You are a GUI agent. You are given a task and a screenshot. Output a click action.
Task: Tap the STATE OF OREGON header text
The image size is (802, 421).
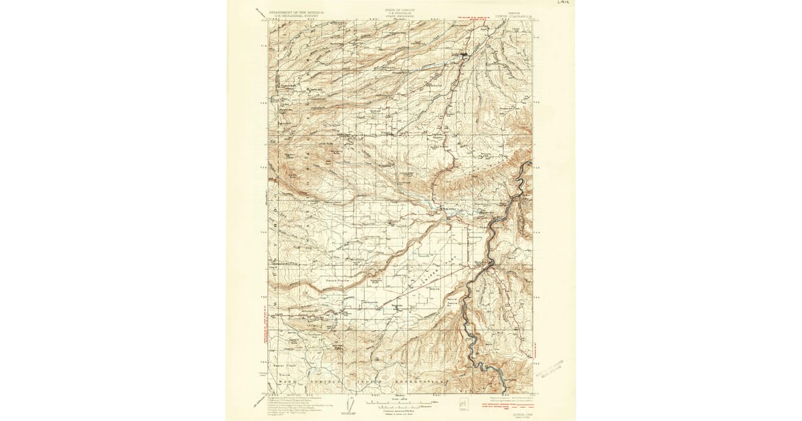click(399, 10)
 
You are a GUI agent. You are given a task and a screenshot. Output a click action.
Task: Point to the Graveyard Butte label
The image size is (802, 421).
click(375, 281)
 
